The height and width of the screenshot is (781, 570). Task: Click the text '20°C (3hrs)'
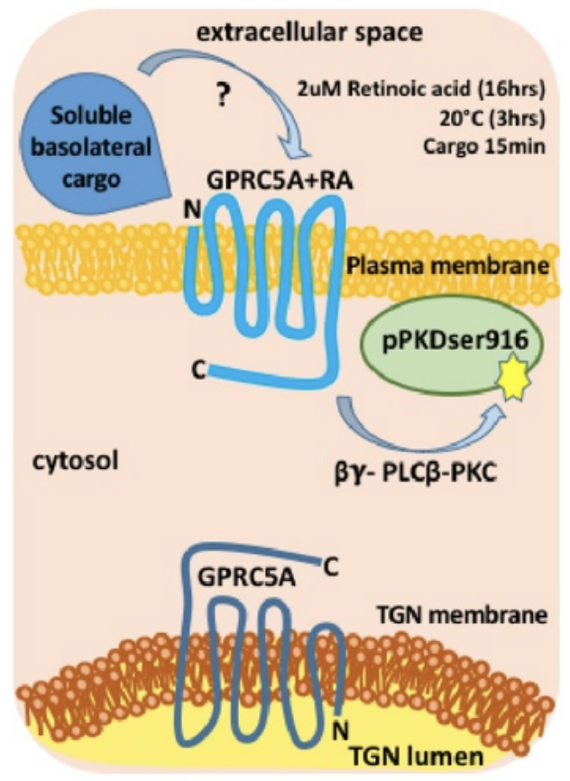(x=479, y=119)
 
